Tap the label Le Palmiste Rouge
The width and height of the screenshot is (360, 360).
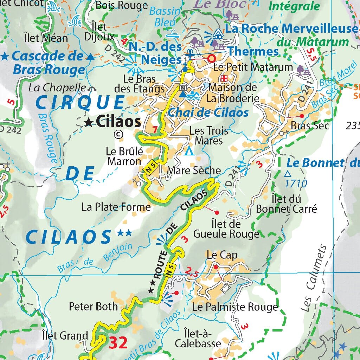[235, 307]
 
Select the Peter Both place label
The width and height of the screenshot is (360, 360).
[93, 306]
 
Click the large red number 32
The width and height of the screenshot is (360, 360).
[118, 343]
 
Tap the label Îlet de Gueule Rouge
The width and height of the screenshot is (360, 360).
[226, 229]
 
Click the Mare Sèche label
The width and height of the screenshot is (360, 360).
[194, 171]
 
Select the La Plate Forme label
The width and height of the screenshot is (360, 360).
[116, 207]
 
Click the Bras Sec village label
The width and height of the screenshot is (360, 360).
[310, 125]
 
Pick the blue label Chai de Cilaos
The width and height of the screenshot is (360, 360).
[208, 113]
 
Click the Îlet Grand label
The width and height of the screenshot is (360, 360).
[65, 335]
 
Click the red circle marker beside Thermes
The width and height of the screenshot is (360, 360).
[212, 58]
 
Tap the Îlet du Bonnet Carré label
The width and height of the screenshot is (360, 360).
[286, 204]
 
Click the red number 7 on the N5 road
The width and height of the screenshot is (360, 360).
[155, 130]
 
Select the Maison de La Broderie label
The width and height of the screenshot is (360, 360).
[232, 92]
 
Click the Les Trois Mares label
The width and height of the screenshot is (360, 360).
[208, 136]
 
